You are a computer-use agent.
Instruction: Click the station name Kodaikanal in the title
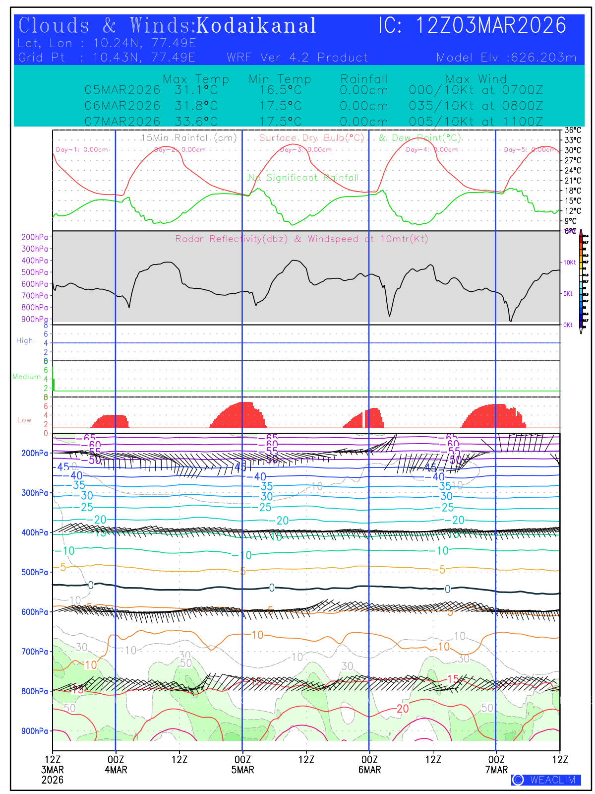point(256,26)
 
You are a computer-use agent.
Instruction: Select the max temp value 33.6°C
point(196,122)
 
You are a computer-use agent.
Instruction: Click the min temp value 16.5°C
point(280,90)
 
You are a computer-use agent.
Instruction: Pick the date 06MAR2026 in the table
point(122,106)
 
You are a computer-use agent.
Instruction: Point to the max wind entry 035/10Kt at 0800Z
point(476,106)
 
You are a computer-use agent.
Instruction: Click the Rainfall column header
point(364,79)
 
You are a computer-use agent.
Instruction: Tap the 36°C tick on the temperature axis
point(573,131)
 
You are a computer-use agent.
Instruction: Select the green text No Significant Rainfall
point(303,178)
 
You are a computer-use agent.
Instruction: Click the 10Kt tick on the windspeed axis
point(569,263)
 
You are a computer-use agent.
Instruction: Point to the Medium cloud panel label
point(26,377)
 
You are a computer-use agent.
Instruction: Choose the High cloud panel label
point(24,341)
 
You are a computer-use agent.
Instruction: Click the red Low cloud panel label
point(24,420)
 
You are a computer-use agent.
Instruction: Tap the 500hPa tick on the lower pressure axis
point(35,572)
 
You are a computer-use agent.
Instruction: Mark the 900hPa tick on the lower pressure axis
point(35,731)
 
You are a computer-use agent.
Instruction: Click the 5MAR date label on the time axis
point(242,770)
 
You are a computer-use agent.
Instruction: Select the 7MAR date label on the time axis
point(496,770)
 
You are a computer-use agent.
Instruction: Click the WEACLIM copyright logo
point(546,780)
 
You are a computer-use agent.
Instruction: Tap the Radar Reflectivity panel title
point(301,239)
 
